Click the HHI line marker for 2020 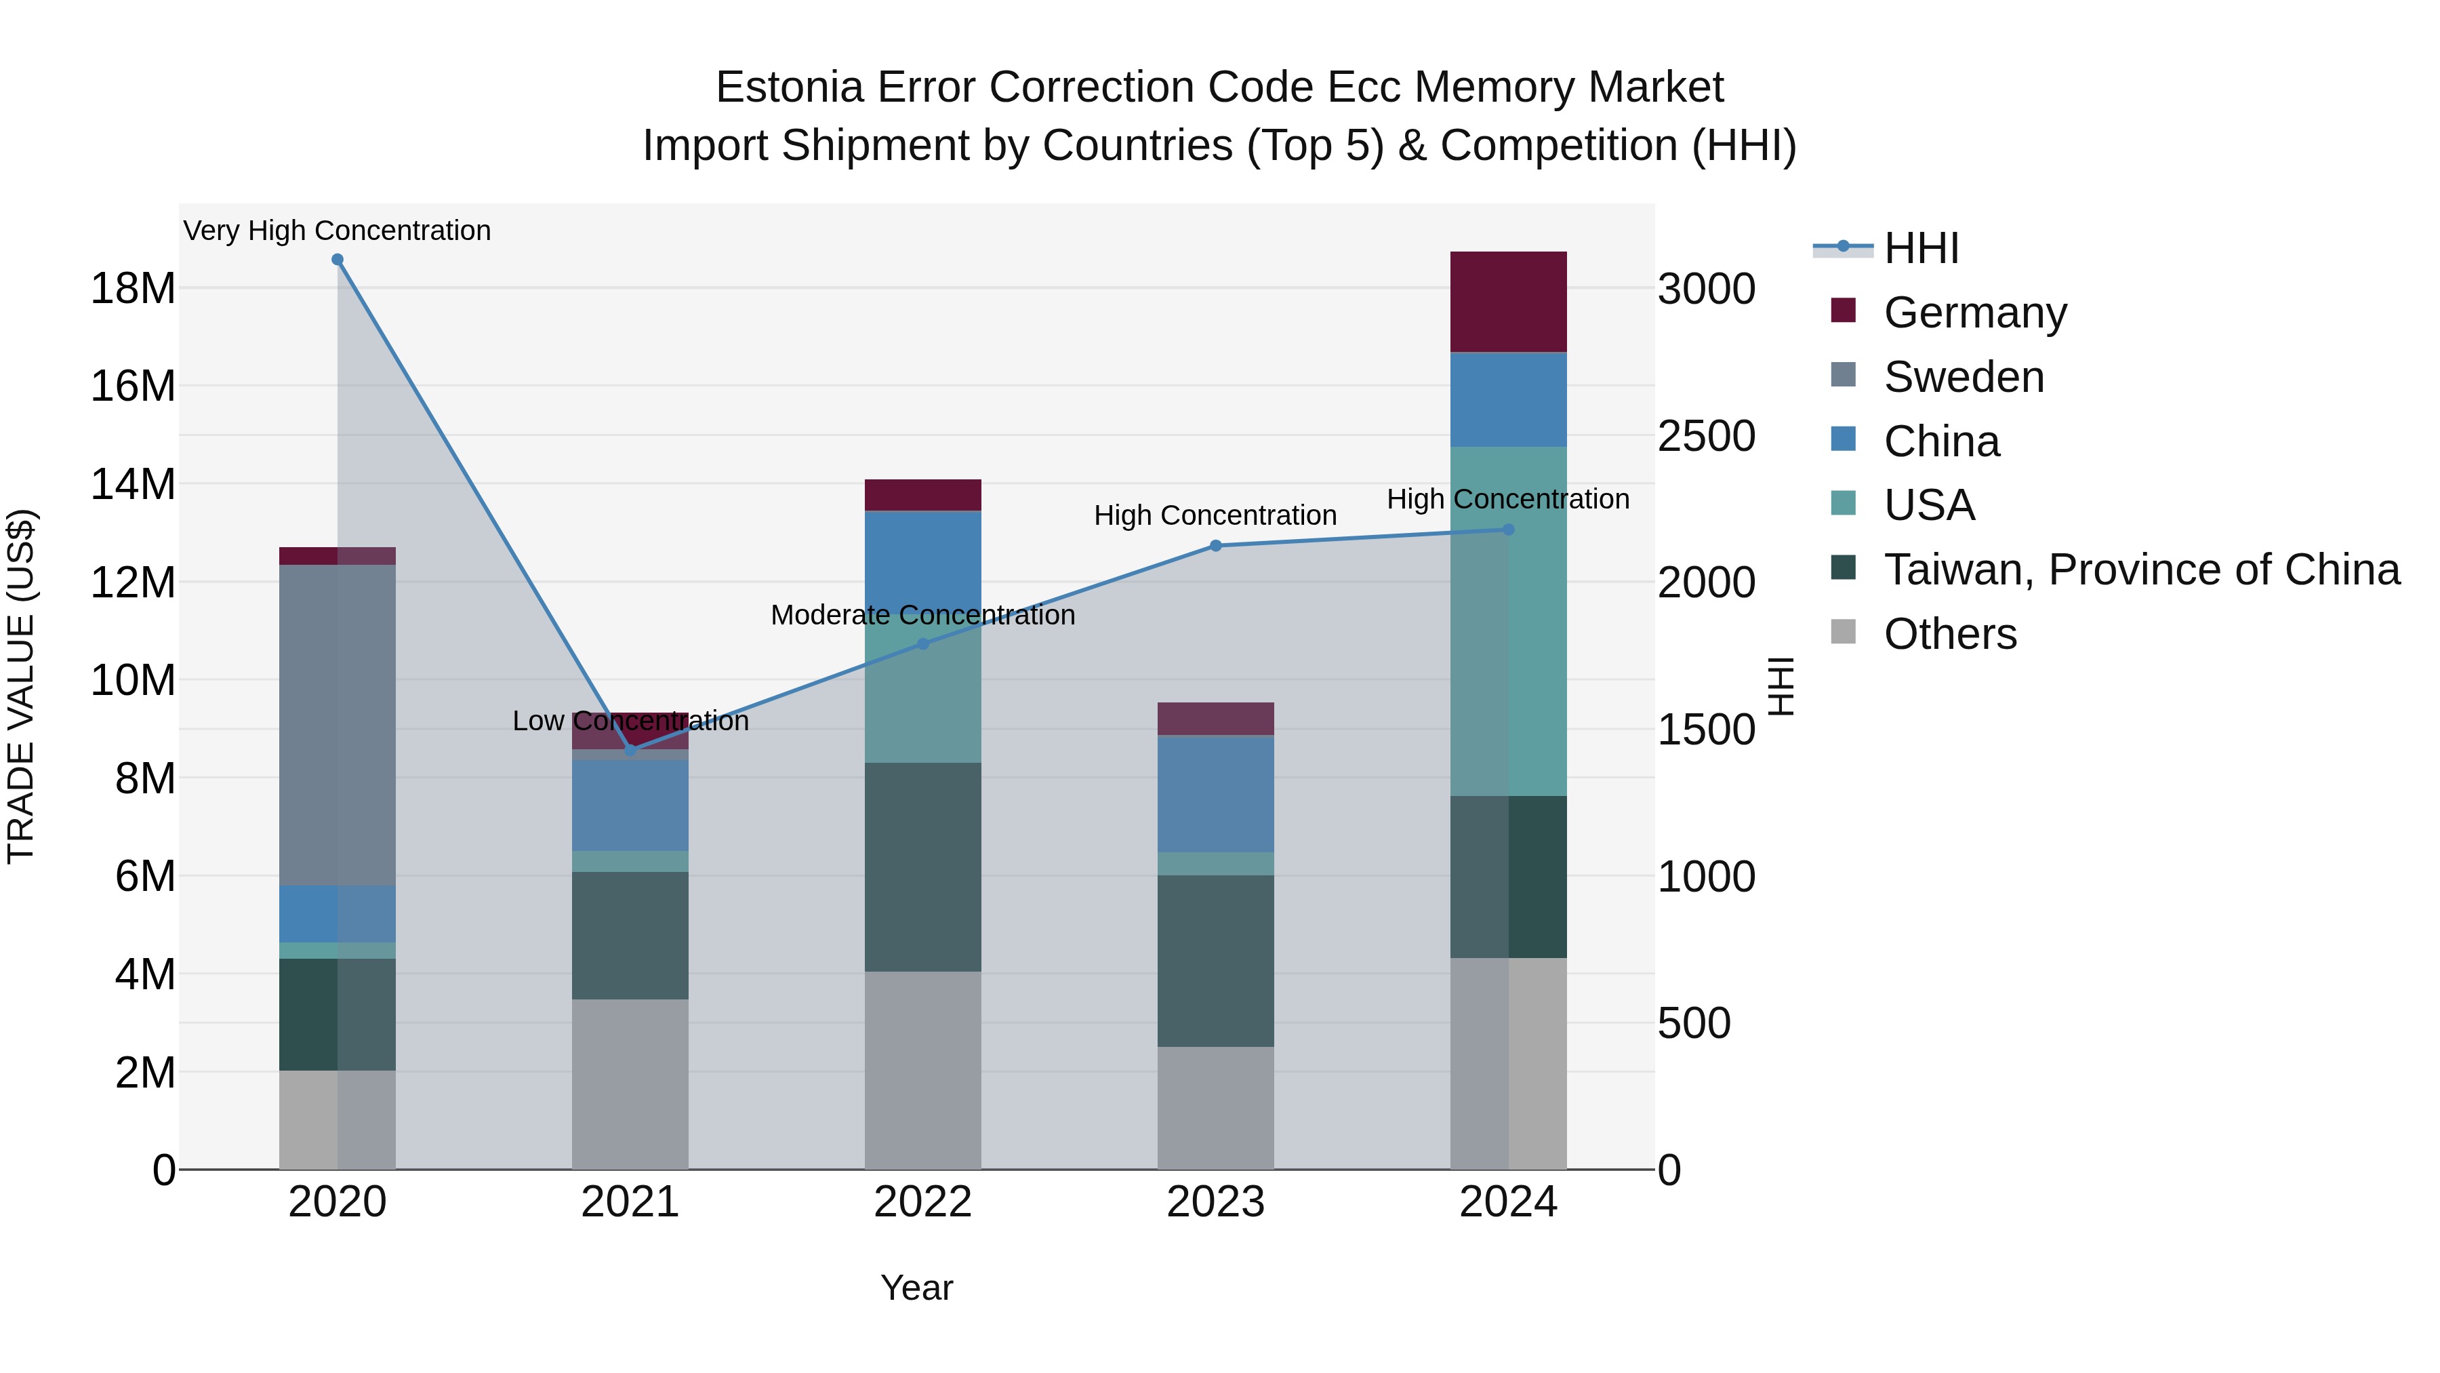tap(338, 260)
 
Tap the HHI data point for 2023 tap(1216, 546)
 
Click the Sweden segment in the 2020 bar tap(338, 725)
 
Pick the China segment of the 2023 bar tap(1216, 793)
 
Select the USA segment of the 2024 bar tap(1508, 620)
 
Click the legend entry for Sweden tap(1963, 377)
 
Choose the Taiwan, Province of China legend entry tap(2140, 570)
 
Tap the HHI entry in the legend tap(1921, 248)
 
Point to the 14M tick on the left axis tap(133, 484)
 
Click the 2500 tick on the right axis tap(1706, 436)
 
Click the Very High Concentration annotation tap(338, 231)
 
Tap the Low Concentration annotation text tap(630, 721)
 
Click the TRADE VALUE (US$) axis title tap(21, 686)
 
